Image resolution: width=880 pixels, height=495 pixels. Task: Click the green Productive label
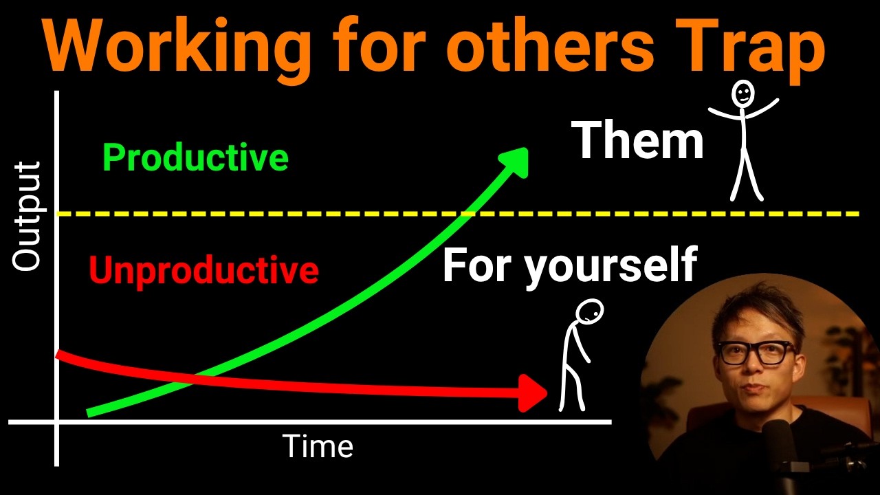pyautogui.click(x=195, y=158)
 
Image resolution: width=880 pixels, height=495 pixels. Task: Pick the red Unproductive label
pyautogui.click(x=203, y=270)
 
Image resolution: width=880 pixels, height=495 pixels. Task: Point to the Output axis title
pyautogui.click(x=27, y=216)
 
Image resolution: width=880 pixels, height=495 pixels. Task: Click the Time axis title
pyautogui.click(x=318, y=447)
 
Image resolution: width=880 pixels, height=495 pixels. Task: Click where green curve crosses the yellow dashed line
pyautogui.click(x=467, y=214)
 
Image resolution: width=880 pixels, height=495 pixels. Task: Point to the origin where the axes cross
pyautogui.click(x=57, y=421)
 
